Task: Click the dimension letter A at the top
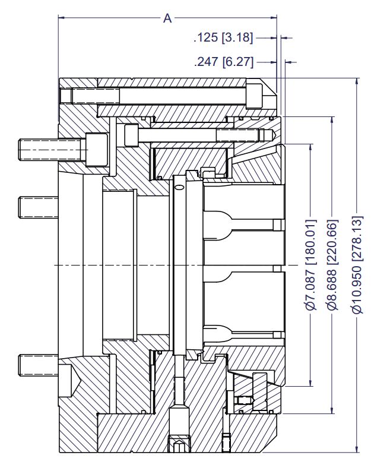pyautogui.click(x=167, y=18)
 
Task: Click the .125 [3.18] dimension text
pyautogui.click(x=223, y=38)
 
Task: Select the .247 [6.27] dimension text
pyautogui.click(x=223, y=62)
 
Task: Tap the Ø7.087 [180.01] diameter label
pyautogui.click(x=310, y=264)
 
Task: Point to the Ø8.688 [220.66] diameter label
pyautogui.click(x=332, y=264)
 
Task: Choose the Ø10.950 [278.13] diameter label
pyautogui.click(x=356, y=264)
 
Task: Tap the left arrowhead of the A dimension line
pyautogui.click(x=62, y=18)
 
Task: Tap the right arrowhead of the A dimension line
pyautogui.click(x=274, y=18)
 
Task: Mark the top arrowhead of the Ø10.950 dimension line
pyautogui.click(x=356, y=81)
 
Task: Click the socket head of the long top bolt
pyautogui.click(x=254, y=95)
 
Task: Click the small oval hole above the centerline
pyautogui.click(x=179, y=188)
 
